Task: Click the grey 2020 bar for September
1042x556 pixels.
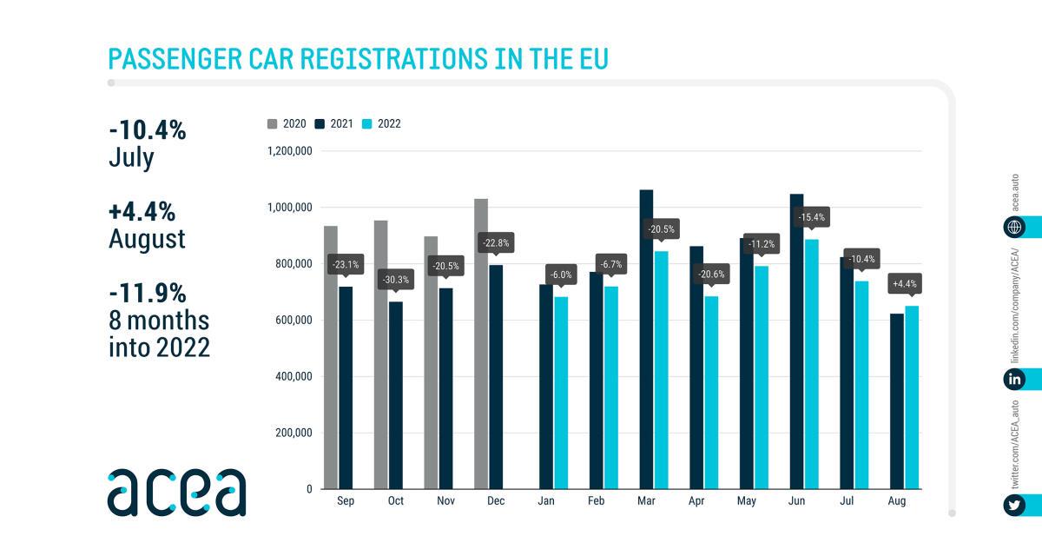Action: (x=330, y=357)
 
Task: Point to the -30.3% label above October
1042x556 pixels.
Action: (x=396, y=280)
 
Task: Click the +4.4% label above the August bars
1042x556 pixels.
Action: (x=905, y=284)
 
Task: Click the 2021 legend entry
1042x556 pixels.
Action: (x=334, y=124)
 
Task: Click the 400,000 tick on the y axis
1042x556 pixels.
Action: (x=290, y=377)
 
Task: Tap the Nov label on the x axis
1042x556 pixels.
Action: (x=445, y=502)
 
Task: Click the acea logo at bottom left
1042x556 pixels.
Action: (x=176, y=492)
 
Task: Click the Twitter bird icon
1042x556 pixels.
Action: (x=1013, y=506)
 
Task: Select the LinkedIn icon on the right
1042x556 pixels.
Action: (x=1013, y=379)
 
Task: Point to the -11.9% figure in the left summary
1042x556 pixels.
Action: (x=148, y=293)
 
